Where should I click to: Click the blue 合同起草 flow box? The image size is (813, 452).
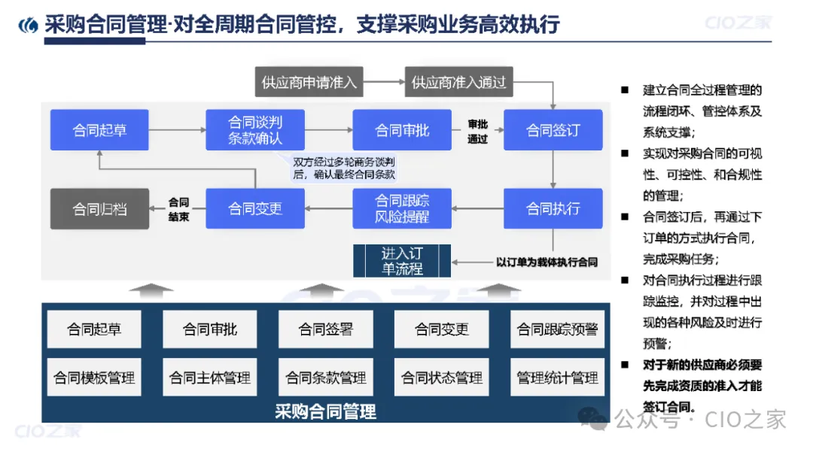pyautogui.click(x=99, y=130)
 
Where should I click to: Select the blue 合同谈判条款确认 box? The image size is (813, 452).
pyautogui.click(x=255, y=130)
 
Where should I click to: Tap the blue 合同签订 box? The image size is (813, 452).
pyautogui.click(x=553, y=130)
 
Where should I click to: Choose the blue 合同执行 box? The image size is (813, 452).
pyautogui.click(x=553, y=208)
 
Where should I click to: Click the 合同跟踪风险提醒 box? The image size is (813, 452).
pyautogui.click(x=402, y=208)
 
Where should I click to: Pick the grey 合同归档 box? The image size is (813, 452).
pyautogui.click(x=99, y=208)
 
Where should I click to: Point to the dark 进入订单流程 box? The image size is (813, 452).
pyautogui.click(x=402, y=260)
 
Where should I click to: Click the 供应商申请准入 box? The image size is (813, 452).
pyautogui.click(x=309, y=82)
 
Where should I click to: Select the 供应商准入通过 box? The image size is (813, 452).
pyautogui.click(x=459, y=82)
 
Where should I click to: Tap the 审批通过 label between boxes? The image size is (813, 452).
pyautogui.click(x=477, y=131)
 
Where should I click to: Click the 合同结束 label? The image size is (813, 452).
pyautogui.click(x=178, y=209)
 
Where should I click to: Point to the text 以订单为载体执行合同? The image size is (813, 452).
pyautogui.click(x=547, y=262)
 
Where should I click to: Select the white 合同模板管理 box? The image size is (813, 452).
pyautogui.click(x=94, y=378)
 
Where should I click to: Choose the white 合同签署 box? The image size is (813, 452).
pyautogui.click(x=326, y=329)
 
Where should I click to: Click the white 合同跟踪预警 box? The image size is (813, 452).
pyautogui.click(x=557, y=329)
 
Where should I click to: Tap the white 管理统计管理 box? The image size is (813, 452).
pyautogui.click(x=557, y=378)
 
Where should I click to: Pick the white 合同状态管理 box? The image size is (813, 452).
pyautogui.click(x=442, y=378)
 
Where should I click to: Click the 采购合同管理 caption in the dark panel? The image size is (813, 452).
pyautogui.click(x=325, y=411)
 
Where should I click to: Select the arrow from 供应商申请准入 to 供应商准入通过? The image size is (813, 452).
pyautogui.click(x=384, y=82)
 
